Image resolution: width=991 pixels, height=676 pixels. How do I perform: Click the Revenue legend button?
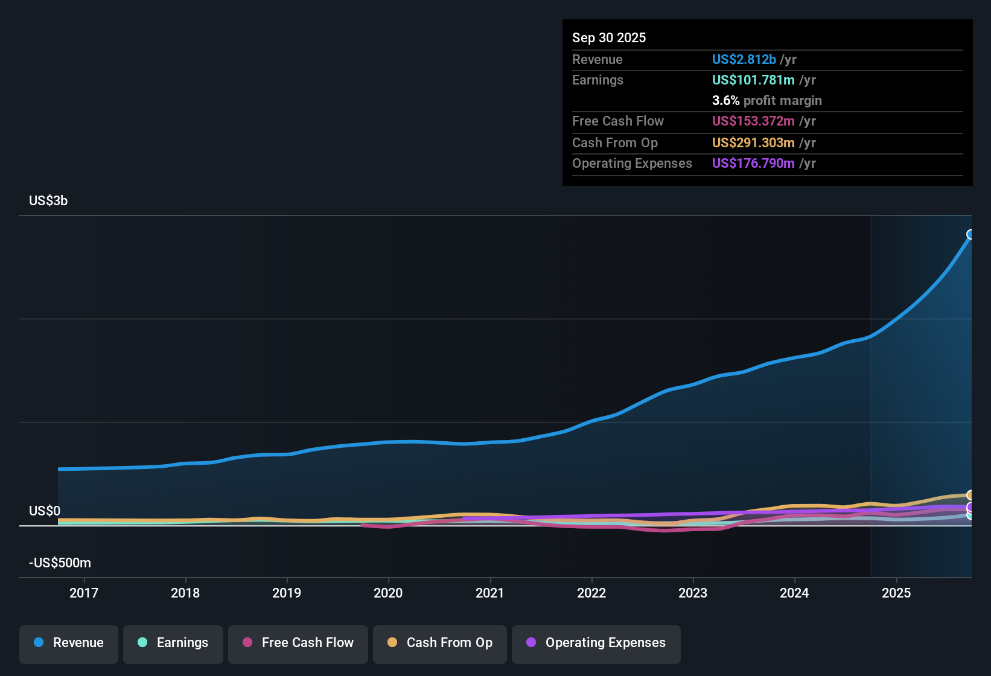tap(69, 643)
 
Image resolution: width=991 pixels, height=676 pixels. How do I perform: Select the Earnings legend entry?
tap(173, 643)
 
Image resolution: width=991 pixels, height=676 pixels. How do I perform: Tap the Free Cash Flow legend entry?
tap(298, 643)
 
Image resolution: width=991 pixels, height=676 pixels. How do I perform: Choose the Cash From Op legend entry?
tap(440, 643)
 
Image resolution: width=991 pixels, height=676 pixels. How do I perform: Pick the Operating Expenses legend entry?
tap(596, 643)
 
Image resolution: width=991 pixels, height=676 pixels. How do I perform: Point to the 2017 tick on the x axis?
tap(84, 593)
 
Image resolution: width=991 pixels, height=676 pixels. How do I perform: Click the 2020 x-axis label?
tap(388, 593)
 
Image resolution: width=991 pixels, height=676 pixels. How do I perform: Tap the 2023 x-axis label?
tap(693, 593)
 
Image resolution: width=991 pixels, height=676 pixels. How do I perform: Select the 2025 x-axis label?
tap(896, 593)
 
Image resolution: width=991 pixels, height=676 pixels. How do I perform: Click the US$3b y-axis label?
tap(48, 201)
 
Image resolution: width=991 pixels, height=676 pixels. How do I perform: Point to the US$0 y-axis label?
tap(45, 511)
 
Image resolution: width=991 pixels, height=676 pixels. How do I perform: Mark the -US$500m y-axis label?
tap(60, 563)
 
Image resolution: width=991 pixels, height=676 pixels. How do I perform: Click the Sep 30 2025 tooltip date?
tap(609, 38)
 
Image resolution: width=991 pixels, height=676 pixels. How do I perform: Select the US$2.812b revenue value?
tap(744, 60)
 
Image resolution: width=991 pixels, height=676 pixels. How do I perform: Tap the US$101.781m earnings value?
tap(753, 80)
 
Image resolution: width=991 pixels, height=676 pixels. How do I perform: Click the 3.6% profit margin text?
tap(766, 101)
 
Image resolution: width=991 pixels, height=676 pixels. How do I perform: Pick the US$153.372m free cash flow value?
tap(753, 121)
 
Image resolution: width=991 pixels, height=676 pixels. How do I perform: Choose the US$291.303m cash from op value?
tap(753, 143)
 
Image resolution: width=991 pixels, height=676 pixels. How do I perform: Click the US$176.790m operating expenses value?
tap(753, 164)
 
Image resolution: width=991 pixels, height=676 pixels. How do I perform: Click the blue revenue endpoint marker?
tap(970, 234)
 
